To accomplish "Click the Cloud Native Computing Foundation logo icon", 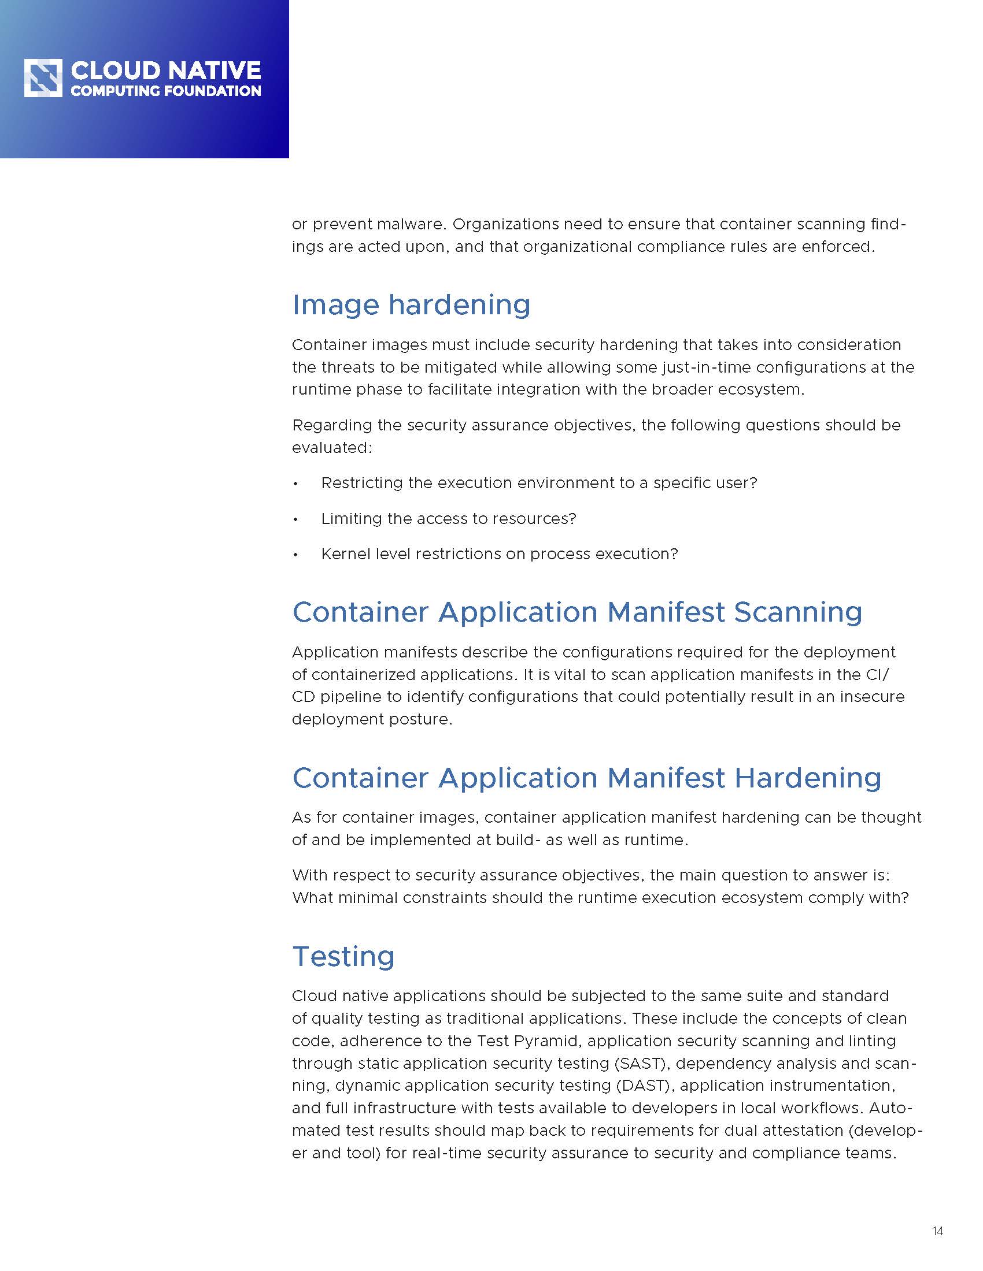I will click(x=43, y=78).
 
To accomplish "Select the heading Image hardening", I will click(x=411, y=305).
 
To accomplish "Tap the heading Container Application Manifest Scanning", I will click(x=577, y=612).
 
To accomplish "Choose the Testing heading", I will click(x=343, y=956).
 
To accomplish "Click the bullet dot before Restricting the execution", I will click(x=296, y=484).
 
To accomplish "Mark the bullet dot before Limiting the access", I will click(x=296, y=519).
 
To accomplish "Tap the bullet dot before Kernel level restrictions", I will click(x=296, y=555).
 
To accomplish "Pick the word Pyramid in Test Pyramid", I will click(x=547, y=1040).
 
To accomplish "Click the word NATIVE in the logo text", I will click(x=214, y=71).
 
